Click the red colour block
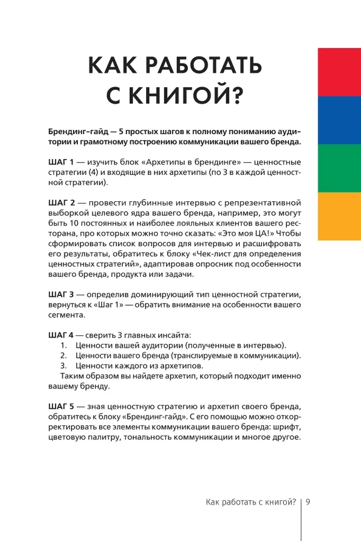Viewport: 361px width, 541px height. pyautogui.click(x=339, y=72)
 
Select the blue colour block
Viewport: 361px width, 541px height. pyautogui.click(x=339, y=120)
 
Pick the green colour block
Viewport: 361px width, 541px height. pyautogui.click(x=339, y=168)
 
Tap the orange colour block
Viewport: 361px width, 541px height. pyautogui.click(x=339, y=216)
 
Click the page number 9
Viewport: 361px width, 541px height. pyautogui.click(x=308, y=502)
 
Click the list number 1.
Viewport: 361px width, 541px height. pyautogui.click(x=63, y=345)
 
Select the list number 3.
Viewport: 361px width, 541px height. pyautogui.click(x=63, y=366)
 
